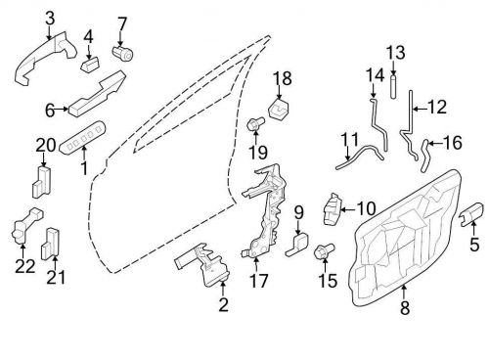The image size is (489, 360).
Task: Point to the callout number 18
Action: [282, 78]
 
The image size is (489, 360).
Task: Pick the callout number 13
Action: [394, 52]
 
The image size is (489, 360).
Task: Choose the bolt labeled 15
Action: [324, 253]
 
